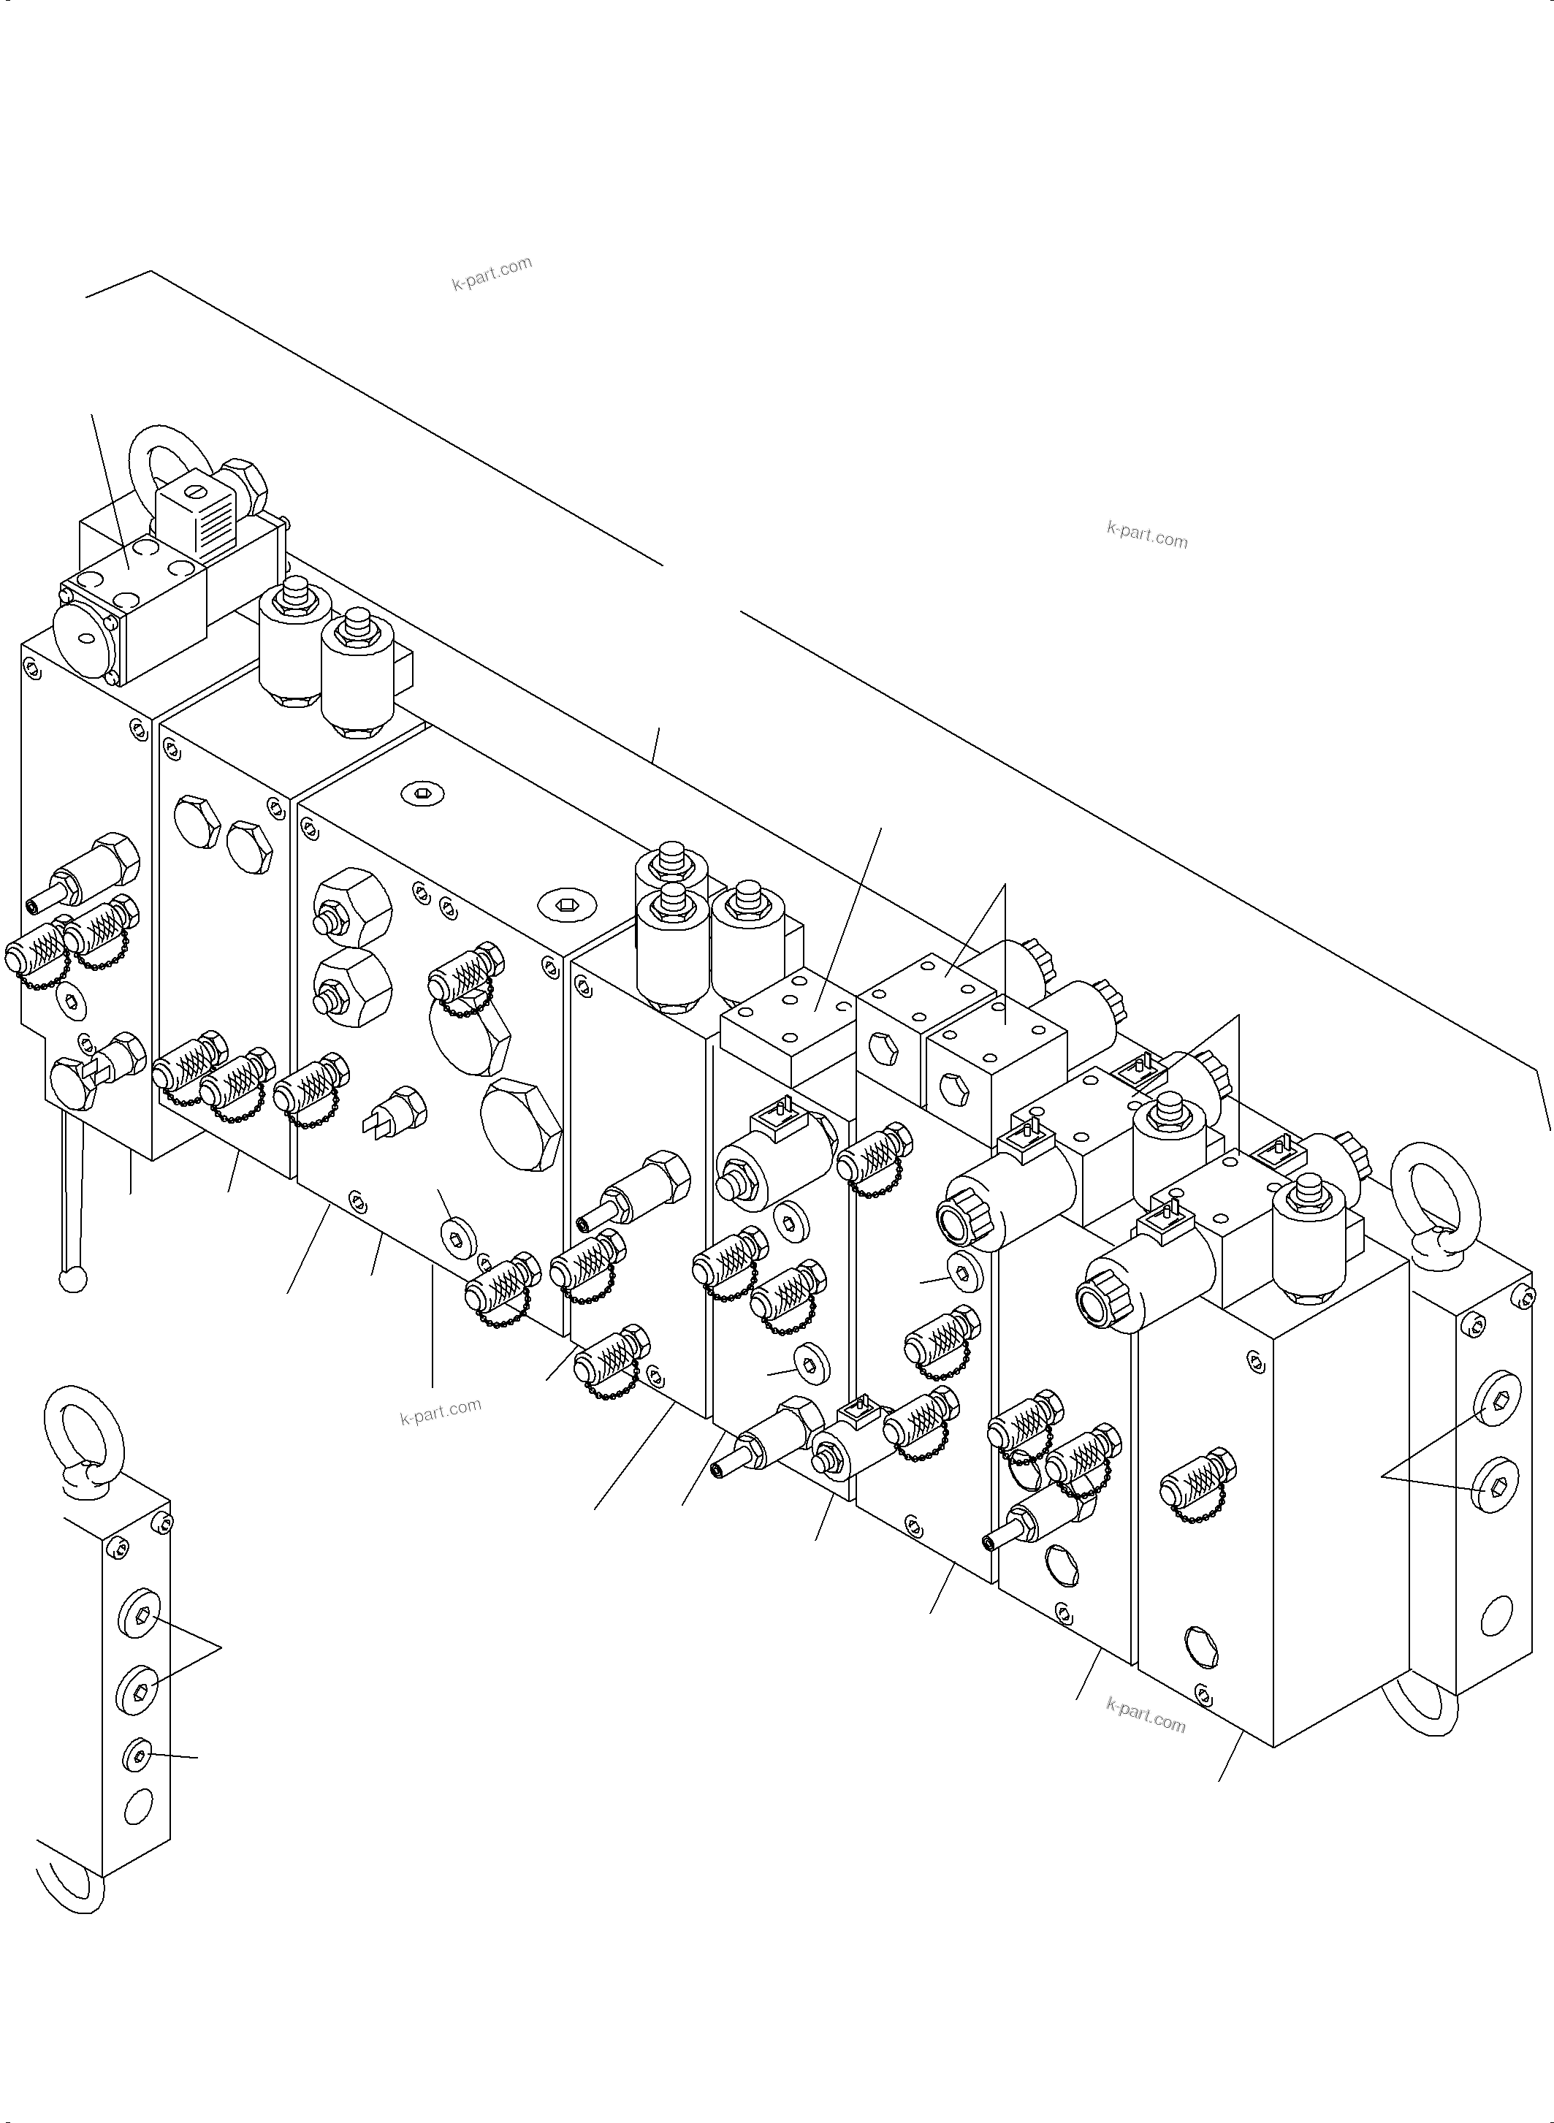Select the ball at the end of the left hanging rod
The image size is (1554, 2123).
coord(71,1280)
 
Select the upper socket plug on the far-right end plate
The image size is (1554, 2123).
coord(1495,1408)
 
